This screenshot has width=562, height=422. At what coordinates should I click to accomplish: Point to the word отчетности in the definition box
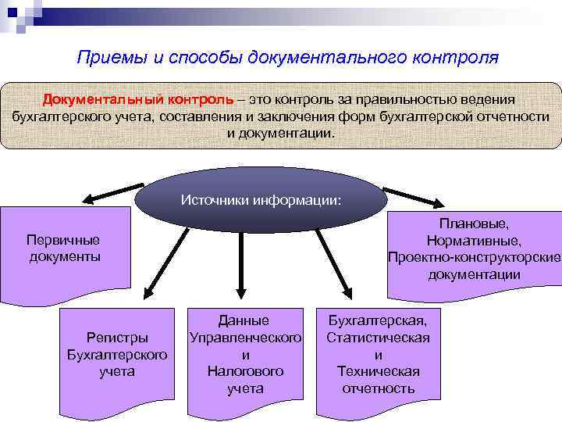click(x=510, y=116)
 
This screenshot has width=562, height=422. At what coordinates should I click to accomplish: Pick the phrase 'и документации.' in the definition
click(x=280, y=133)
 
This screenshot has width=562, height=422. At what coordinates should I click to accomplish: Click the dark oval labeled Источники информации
click(x=261, y=199)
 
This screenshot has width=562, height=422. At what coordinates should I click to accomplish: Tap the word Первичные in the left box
click(x=63, y=240)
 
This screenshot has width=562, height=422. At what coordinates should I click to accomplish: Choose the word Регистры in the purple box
click(x=117, y=338)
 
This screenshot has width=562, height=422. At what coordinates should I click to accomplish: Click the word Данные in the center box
click(x=244, y=320)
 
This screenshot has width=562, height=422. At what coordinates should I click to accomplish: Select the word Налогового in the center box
click(x=244, y=371)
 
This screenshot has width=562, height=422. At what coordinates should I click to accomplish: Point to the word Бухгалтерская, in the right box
click(x=378, y=320)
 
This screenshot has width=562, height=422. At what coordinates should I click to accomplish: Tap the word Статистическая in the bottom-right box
click(x=378, y=338)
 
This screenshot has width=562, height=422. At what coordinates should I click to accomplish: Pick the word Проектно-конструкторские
click(x=474, y=257)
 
